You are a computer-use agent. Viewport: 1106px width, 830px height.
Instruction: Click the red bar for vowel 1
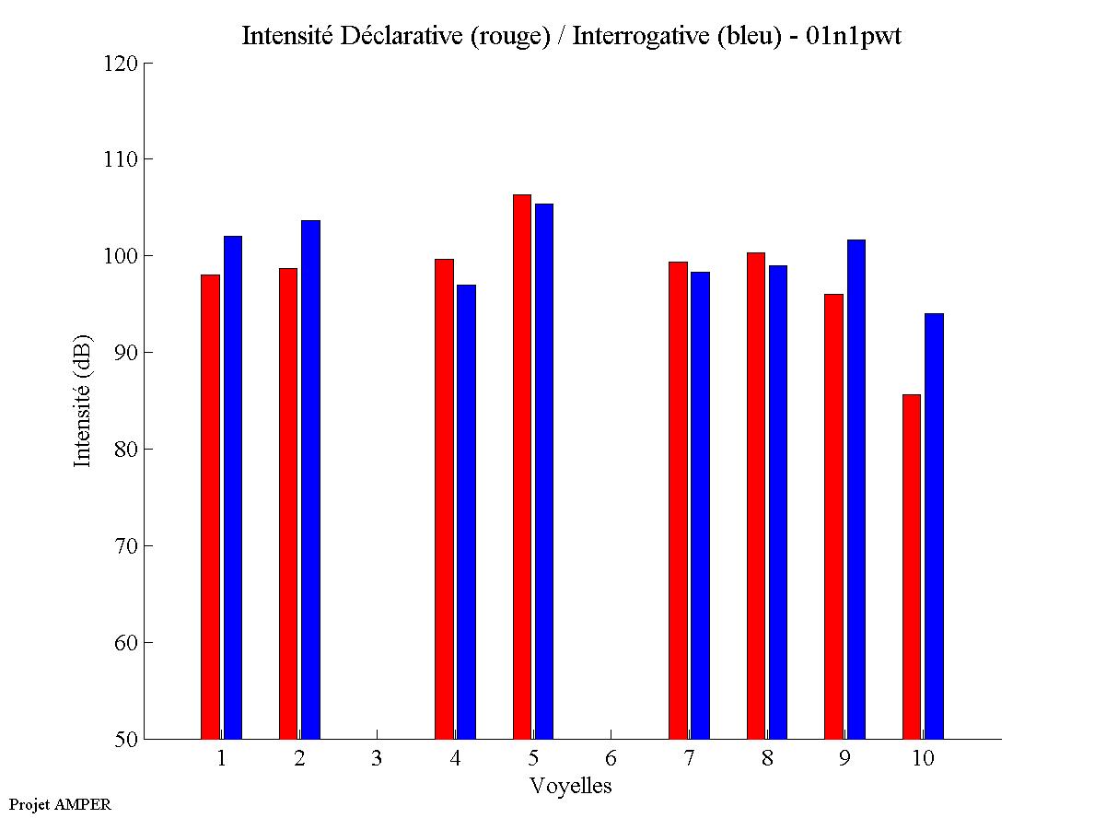[210, 507]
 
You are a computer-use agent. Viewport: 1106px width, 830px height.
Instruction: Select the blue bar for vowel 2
[310, 479]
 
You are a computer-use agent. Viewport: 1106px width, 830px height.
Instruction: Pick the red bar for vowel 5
[522, 466]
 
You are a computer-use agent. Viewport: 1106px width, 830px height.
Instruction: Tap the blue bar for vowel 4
[466, 511]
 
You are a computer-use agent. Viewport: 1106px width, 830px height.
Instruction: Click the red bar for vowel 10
[912, 567]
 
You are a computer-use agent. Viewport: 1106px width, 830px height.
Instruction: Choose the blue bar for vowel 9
[856, 489]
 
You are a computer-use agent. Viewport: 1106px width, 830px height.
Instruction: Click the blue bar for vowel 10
[934, 526]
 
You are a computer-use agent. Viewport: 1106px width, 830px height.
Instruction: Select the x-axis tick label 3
[377, 759]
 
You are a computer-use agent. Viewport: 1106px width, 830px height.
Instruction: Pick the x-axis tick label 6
[611, 759]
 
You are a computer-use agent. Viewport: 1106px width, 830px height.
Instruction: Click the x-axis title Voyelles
[571, 787]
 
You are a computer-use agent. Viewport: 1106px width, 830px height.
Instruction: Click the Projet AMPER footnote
[60, 804]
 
